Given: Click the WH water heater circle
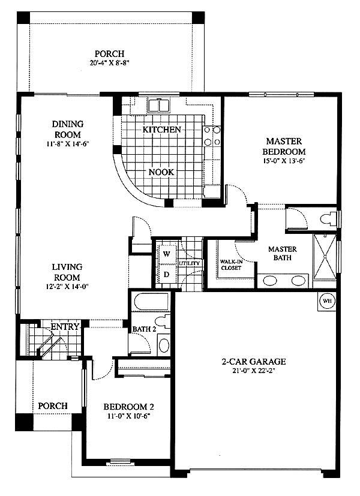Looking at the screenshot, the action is (x=327, y=300).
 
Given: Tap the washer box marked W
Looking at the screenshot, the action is (x=167, y=254).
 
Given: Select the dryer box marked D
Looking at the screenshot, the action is (x=167, y=275).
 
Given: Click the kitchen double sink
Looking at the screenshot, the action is (x=159, y=105).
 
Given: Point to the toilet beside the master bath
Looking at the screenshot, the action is (x=328, y=218).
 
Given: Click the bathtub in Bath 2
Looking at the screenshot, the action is (x=152, y=302).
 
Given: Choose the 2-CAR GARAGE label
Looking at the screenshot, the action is (x=254, y=361).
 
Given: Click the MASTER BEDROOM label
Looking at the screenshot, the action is (x=284, y=146).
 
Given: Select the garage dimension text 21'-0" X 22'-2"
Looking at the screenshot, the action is (x=254, y=371).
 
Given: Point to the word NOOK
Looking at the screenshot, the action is (x=161, y=172).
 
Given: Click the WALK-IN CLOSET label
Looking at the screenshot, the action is (x=231, y=264).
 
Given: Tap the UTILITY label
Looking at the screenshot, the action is (x=190, y=263).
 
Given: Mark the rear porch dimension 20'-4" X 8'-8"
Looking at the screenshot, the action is (x=110, y=62).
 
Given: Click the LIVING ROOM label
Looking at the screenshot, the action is (x=67, y=272).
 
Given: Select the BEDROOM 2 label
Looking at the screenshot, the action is (x=129, y=407).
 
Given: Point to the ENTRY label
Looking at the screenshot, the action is (x=65, y=326).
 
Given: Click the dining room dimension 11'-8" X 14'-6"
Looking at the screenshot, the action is (x=67, y=144).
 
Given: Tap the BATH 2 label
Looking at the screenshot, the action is (x=144, y=329).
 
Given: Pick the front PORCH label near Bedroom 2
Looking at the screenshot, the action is (x=53, y=405).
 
